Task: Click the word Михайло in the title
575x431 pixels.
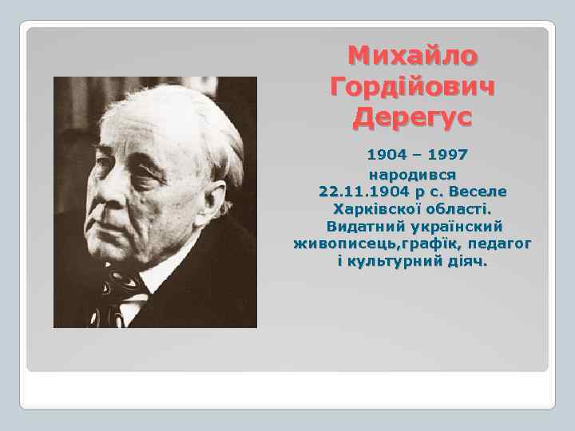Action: pos(413,56)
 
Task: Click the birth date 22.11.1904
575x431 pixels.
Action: pos(365,192)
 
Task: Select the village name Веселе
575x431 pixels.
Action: pos(479,192)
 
